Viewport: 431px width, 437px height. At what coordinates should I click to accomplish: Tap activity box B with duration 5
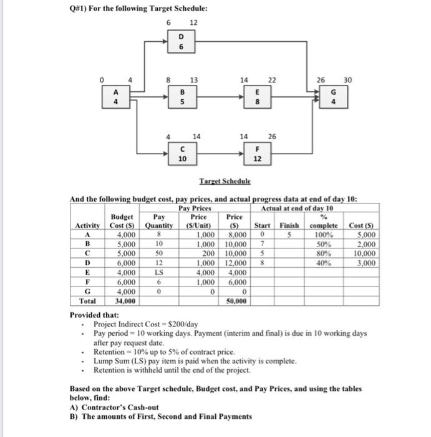[181, 97]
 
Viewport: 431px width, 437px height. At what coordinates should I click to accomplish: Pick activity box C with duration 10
[181, 154]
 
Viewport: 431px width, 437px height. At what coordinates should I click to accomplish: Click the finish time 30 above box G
[348, 79]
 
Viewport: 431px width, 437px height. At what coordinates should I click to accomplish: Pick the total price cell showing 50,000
[237, 300]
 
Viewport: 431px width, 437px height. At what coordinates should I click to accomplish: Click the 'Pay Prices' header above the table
[194, 208]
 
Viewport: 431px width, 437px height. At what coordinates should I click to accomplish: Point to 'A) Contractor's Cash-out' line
[114, 407]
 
